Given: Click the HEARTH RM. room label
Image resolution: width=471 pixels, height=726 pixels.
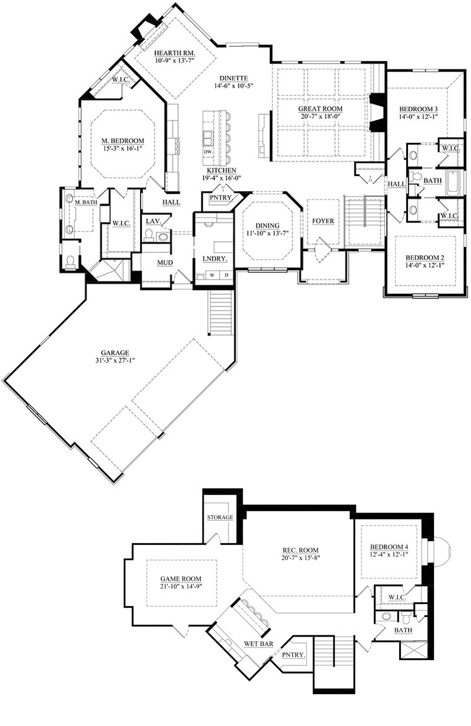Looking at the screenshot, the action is tap(174, 52).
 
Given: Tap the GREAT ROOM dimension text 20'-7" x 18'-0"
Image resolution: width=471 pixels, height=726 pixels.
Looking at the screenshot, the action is tap(320, 116).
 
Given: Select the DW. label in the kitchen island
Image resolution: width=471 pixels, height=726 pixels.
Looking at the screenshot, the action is tap(208, 152).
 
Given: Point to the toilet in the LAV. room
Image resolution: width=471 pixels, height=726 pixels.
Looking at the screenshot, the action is tap(149, 235).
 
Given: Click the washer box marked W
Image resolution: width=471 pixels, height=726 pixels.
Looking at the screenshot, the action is tap(212, 275).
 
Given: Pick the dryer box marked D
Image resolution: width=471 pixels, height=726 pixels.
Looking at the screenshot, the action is tap(227, 275).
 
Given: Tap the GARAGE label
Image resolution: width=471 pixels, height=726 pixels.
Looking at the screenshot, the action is tap(115, 352).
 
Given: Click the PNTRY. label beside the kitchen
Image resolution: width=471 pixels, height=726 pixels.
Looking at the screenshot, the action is tap(221, 197).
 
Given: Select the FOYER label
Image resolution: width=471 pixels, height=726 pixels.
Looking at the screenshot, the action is tap(323, 221).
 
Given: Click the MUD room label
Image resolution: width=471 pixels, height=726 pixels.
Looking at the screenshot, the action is tap(165, 262).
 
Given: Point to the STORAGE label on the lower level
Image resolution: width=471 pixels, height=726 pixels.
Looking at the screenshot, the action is tap(220, 517).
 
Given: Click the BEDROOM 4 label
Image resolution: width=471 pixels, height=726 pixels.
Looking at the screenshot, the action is tap(389, 547).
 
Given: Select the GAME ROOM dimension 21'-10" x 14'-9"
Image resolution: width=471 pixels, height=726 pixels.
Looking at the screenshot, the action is tap(181, 587).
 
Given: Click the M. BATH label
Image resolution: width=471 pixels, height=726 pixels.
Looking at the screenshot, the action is tap(87, 202).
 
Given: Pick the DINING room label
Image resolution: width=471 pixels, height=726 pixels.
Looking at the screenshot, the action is tap(267, 225).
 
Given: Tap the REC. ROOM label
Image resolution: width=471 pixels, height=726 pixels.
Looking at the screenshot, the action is tap(300, 550).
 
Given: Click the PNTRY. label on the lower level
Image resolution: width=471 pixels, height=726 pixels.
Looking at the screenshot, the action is tap(294, 655).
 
